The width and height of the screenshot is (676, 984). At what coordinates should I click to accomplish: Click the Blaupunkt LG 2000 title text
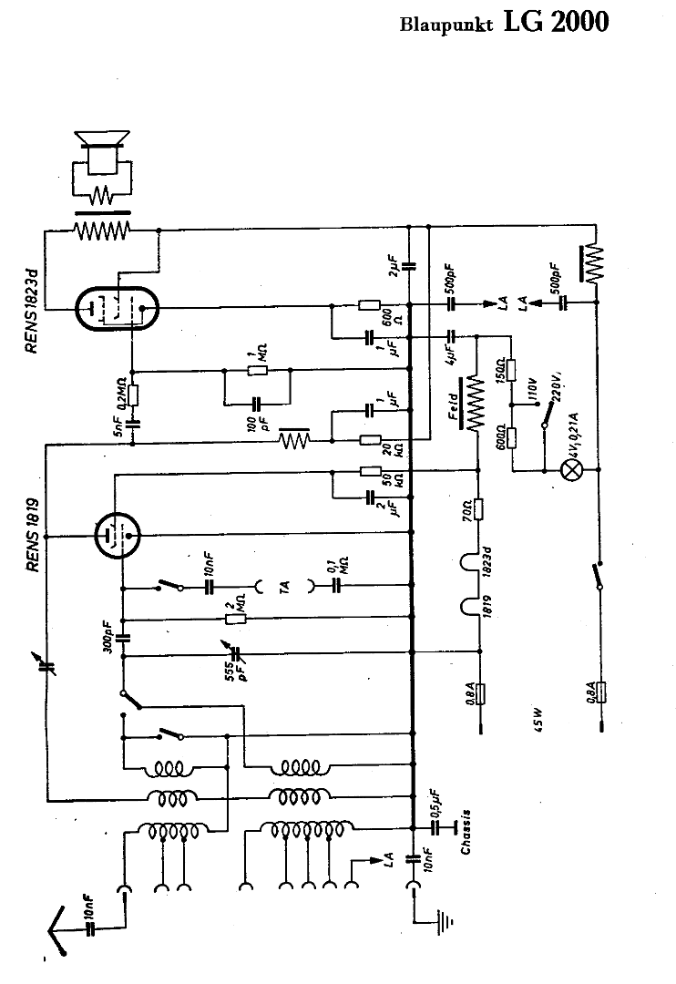503,23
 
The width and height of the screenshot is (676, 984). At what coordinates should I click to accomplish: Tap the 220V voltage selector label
553,384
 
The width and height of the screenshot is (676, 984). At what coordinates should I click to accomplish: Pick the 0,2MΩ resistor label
119,394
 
